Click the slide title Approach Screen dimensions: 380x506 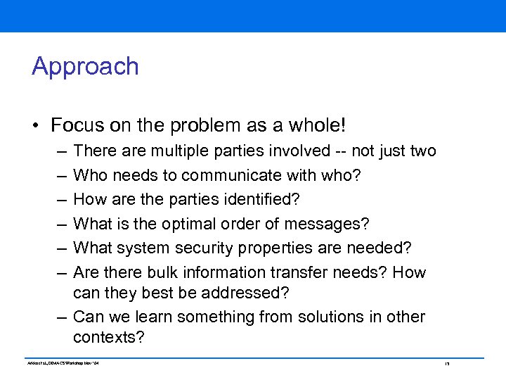point(85,67)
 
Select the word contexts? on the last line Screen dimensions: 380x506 point(108,337)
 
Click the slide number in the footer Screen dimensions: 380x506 point(446,364)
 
